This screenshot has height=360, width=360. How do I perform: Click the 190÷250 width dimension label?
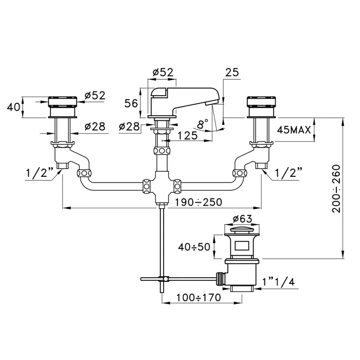click(198, 202)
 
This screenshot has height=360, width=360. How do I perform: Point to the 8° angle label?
click(203, 124)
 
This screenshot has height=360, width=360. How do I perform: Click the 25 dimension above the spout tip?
click(232, 74)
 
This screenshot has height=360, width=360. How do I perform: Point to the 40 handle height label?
click(14, 106)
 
